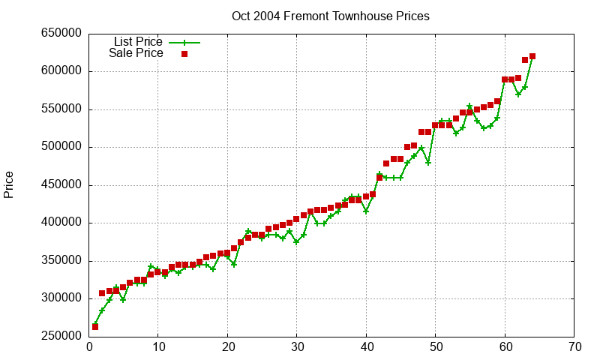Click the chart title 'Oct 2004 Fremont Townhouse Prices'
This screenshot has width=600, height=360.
[331, 16]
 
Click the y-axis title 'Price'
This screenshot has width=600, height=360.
[9, 184]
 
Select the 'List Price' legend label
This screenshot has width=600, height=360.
[138, 42]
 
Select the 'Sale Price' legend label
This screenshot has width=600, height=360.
[136, 53]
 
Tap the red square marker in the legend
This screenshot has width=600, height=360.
[184, 53]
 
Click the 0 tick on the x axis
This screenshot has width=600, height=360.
[89, 347]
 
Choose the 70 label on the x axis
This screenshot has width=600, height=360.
[575, 347]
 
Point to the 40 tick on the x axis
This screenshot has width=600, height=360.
[367, 347]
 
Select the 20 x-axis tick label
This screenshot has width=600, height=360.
[228, 347]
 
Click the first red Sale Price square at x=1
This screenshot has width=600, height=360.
[95, 326]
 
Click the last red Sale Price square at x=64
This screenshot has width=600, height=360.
[532, 56]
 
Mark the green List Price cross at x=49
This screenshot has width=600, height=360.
[428, 162]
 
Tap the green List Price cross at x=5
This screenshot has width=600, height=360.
[123, 299]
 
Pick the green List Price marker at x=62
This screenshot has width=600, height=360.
[518, 94]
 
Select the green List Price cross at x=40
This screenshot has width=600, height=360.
[366, 211]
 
